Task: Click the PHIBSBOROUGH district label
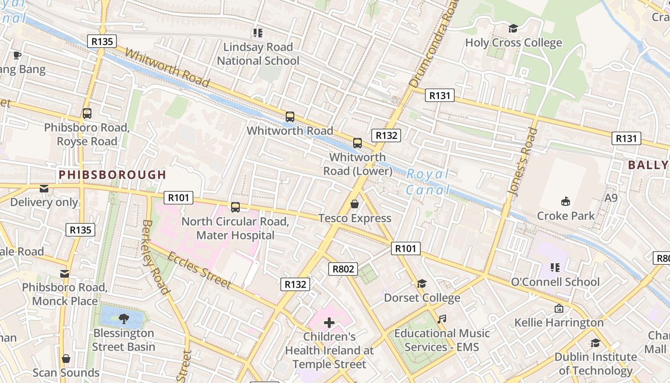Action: [x=112, y=175]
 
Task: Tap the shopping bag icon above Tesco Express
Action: [x=355, y=204]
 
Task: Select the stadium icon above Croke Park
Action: [x=565, y=201]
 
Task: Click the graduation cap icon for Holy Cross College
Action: [x=514, y=29]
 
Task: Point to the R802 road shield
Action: [x=343, y=269]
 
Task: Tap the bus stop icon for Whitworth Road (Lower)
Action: [x=357, y=143]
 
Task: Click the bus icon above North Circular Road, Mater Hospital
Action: [x=235, y=207]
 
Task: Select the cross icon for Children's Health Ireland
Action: [x=329, y=323]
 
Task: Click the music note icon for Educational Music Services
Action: [x=442, y=319]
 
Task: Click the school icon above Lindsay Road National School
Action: [x=258, y=33]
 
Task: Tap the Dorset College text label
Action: [x=422, y=298]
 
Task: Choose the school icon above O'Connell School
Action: [x=555, y=267]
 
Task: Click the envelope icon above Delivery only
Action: [x=44, y=189]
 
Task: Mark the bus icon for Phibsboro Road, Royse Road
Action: [x=87, y=114]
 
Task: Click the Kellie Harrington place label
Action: [x=559, y=323]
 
